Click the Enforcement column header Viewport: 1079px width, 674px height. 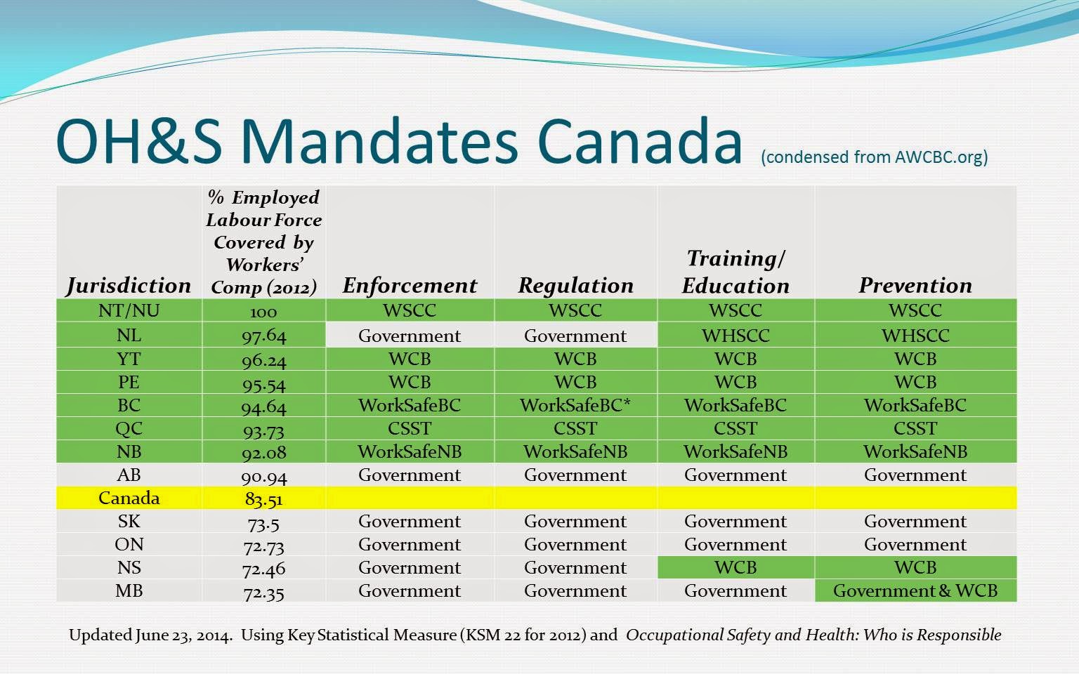410,286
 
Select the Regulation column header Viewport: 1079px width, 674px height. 575,286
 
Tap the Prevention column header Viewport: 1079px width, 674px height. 915,286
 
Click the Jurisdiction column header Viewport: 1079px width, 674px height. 129,286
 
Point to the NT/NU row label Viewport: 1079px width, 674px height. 129,310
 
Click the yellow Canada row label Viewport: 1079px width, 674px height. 129,498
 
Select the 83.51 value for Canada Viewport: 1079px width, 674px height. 263,499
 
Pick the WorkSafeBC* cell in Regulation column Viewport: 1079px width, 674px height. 575,405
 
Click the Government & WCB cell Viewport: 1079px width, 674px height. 915,590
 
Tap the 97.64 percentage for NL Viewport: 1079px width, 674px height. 263,336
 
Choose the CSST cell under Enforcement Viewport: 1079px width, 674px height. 410,428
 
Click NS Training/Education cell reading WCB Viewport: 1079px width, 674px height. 735,567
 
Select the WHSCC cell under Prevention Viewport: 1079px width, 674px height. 915,336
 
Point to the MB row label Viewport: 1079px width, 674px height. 129,590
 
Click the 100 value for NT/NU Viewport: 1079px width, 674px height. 263,312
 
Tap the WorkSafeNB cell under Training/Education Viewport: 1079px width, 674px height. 735,451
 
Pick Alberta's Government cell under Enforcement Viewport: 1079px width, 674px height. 410,475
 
